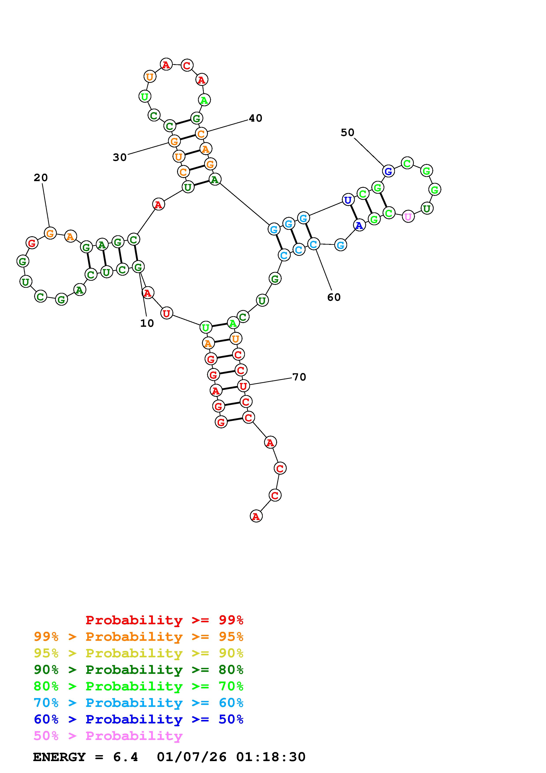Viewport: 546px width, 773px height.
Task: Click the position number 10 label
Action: tap(147, 323)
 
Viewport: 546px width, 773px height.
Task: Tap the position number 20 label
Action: tap(41, 178)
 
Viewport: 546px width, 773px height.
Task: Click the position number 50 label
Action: tap(348, 133)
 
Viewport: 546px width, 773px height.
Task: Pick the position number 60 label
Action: tap(334, 297)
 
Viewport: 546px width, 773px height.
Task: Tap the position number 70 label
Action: tap(299, 377)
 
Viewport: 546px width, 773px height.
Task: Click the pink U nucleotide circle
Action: tap(408, 216)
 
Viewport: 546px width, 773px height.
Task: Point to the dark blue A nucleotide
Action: tap(359, 225)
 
